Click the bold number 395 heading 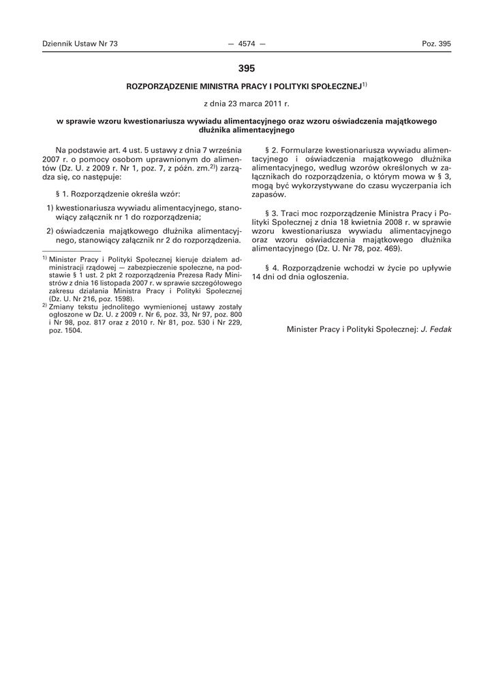247,68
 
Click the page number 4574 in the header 247,44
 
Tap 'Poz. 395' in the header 437,44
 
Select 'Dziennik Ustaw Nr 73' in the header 80,44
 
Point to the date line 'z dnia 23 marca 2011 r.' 247,104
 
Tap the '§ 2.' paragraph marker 271,149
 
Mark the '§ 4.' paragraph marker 271,268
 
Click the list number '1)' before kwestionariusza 50,207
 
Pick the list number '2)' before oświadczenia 50,230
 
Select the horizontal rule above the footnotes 71,252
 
